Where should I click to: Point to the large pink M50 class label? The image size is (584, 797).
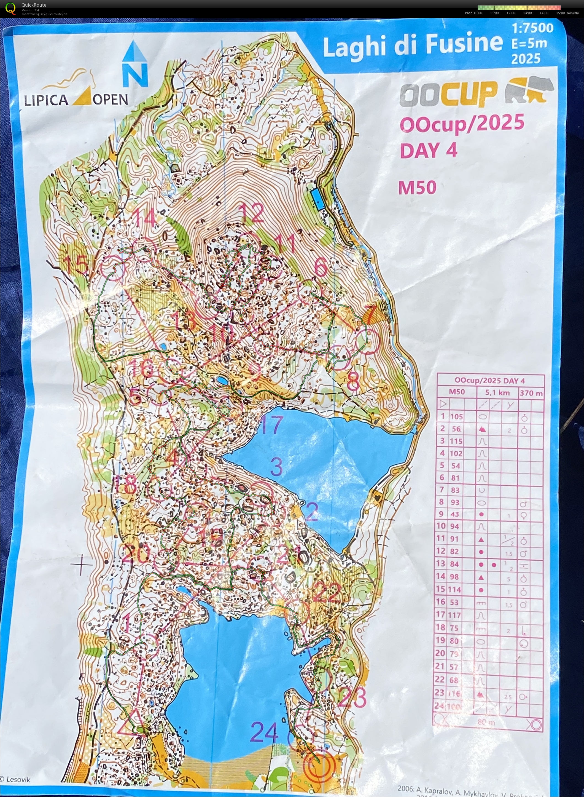click(417, 188)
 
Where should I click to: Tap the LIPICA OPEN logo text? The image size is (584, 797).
click(76, 100)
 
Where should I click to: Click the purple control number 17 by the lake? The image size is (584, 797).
click(271, 424)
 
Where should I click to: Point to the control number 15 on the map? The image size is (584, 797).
click(76, 264)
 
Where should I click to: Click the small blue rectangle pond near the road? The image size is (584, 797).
click(318, 199)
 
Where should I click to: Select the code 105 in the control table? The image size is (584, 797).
click(456, 416)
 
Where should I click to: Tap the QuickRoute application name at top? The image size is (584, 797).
click(34, 5)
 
